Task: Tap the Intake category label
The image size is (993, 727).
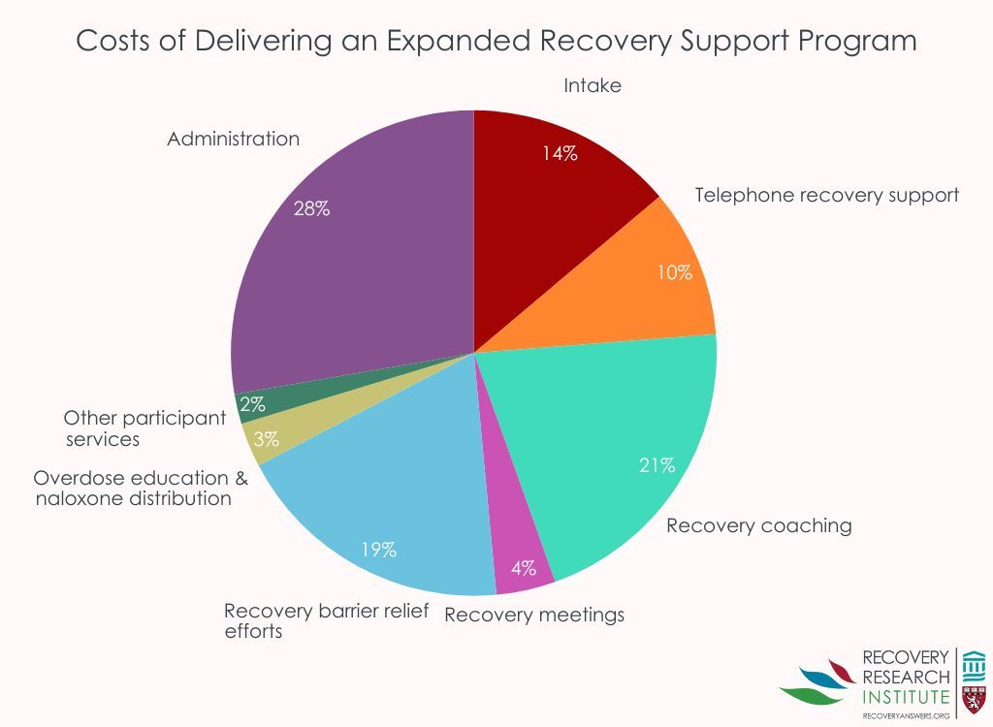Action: pyautogui.click(x=592, y=85)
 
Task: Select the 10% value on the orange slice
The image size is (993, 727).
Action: pyautogui.click(x=674, y=272)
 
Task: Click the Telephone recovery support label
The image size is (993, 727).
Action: pyautogui.click(x=827, y=195)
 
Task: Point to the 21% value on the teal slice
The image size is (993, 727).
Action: pyautogui.click(x=657, y=465)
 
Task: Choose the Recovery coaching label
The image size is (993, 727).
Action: pyautogui.click(x=758, y=525)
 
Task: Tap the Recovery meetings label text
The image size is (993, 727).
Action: pyautogui.click(x=534, y=615)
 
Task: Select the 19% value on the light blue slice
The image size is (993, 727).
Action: pyautogui.click(x=379, y=550)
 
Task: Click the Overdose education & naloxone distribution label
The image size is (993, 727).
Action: pyautogui.click(x=141, y=489)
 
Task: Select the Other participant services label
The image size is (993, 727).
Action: pyautogui.click(x=144, y=427)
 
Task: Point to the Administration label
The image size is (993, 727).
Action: pyautogui.click(x=233, y=139)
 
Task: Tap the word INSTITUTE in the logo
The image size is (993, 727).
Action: pyautogui.click(x=906, y=697)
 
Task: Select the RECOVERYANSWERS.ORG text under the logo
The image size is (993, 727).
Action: pyautogui.click(x=905, y=715)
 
